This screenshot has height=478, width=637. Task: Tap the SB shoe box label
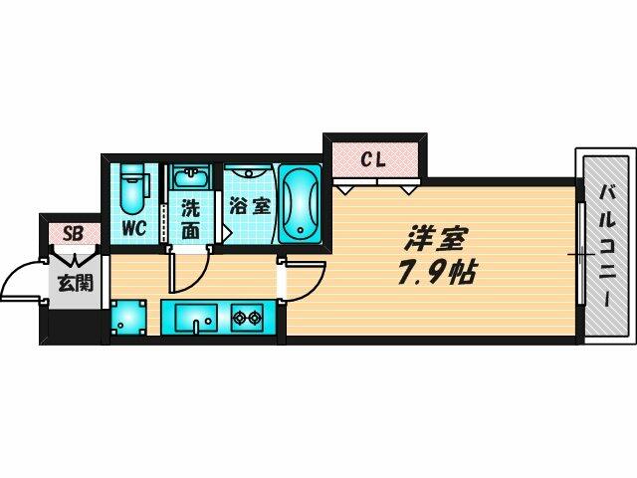[72, 235]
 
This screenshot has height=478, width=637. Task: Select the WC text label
[134, 228]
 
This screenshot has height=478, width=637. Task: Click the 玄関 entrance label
[73, 282]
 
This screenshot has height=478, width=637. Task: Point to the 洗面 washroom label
[190, 220]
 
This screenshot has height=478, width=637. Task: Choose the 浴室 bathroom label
[249, 207]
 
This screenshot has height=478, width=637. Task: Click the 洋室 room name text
[435, 238]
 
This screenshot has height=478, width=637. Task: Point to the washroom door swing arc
[192, 274]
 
